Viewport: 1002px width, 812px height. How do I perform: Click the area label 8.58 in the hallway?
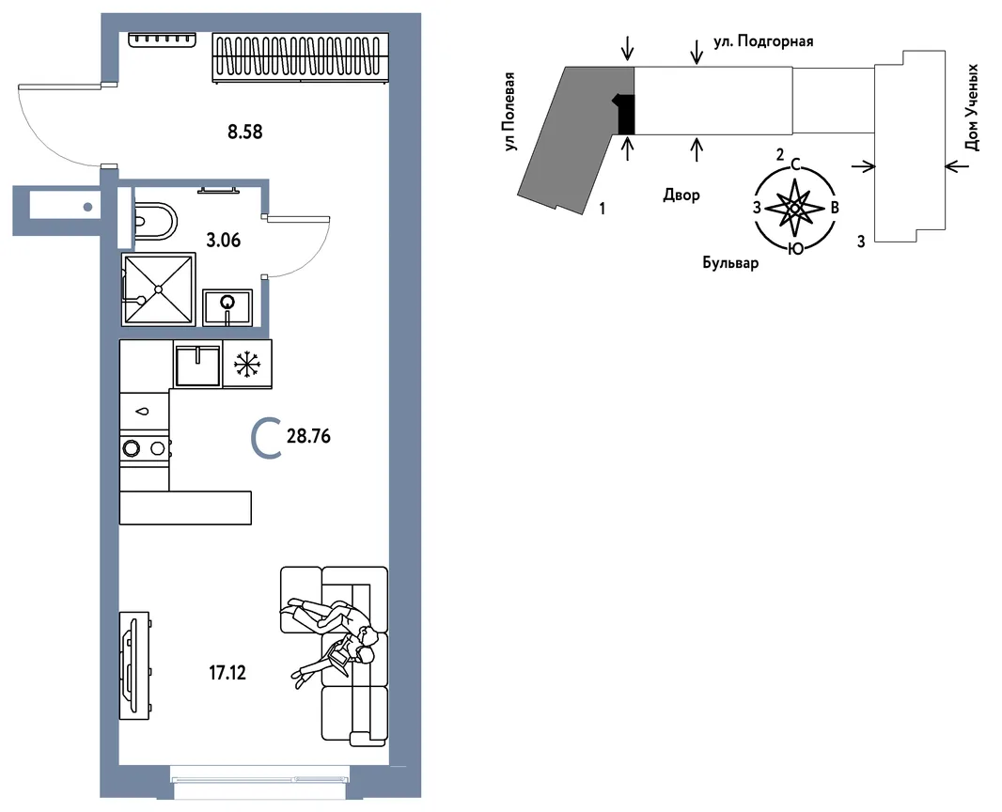click(245, 133)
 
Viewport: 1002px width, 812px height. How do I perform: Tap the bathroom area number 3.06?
click(224, 241)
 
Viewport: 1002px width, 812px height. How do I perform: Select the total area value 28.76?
click(308, 436)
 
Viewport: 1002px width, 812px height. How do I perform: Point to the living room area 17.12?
click(227, 673)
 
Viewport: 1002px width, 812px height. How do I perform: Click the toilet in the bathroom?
click(155, 222)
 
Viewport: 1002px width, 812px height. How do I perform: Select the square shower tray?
click(159, 289)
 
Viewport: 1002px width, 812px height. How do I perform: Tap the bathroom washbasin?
click(227, 306)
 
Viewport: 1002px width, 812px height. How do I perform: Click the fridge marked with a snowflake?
click(247, 364)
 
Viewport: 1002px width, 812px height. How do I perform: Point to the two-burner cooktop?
click(145, 448)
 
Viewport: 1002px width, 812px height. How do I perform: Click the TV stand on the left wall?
click(134, 665)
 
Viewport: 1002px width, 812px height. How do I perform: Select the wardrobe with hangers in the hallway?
click(301, 57)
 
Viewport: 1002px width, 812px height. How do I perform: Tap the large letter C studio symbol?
click(266, 438)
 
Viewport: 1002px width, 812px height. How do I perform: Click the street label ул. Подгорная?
click(763, 42)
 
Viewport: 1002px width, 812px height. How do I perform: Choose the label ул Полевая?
click(509, 112)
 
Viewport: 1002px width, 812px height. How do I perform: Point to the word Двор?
click(681, 195)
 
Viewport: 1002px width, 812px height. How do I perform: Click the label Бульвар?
click(730, 262)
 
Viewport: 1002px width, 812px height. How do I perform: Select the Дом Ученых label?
click(971, 107)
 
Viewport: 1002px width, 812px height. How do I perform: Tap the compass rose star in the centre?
click(793, 208)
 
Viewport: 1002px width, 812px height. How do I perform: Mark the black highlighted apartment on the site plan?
click(627, 115)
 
